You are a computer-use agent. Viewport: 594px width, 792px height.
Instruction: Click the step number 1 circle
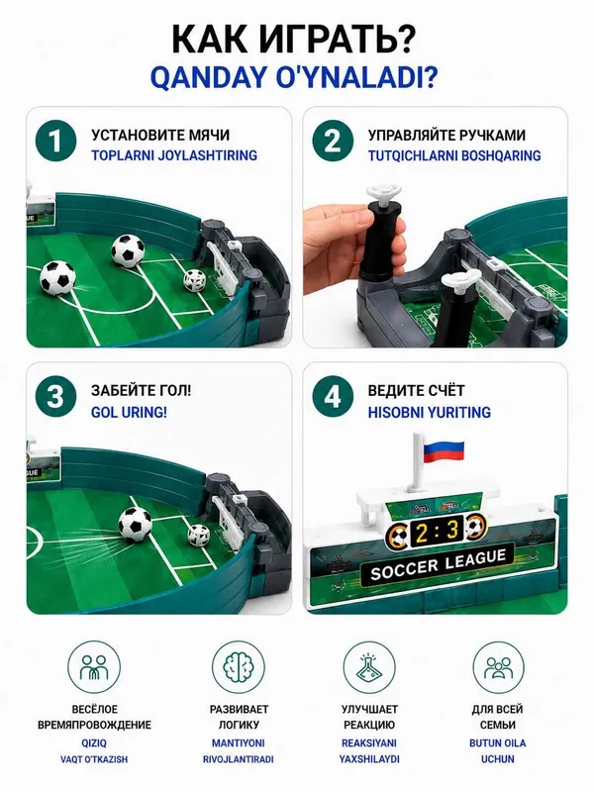click(55, 141)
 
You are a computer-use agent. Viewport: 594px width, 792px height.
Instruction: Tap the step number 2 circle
click(333, 141)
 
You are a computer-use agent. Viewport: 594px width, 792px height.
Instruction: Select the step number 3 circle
click(55, 397)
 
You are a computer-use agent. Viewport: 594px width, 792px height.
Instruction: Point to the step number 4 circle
click(333, 397)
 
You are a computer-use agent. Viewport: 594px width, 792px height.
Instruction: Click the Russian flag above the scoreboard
click(443, 450)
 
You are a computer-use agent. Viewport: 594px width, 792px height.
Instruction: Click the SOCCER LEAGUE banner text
click(438, 564)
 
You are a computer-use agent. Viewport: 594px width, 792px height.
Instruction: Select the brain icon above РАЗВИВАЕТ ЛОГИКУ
click(239, 666)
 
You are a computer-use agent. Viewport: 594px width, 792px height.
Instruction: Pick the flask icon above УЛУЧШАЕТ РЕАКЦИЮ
click(369, 666)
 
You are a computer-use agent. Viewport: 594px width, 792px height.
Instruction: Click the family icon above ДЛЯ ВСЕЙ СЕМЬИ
click(498, 666)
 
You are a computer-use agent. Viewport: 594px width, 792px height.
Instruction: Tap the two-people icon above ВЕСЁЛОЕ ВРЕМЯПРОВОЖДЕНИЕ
click(94, 666)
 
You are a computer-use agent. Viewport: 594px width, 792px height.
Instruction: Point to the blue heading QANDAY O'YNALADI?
click(294, 77)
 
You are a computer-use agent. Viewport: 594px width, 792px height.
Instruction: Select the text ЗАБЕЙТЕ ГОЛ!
click(141, 390)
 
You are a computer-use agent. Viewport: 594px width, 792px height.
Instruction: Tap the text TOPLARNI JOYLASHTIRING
click(174, 155)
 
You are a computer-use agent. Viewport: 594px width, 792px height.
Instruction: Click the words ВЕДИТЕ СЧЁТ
click(416, 390)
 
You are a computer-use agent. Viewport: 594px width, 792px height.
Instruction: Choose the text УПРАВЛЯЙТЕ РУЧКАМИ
click(446, 135)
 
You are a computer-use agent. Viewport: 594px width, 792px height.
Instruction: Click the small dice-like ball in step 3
click(199, 536)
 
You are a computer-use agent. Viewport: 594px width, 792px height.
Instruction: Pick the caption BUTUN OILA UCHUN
click(498, 750)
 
